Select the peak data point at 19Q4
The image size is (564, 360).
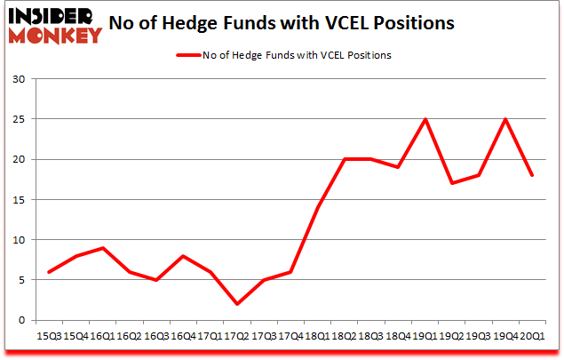point(506,120)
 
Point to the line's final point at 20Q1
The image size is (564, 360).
point(531,176)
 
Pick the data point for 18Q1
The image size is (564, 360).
point(317,208)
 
